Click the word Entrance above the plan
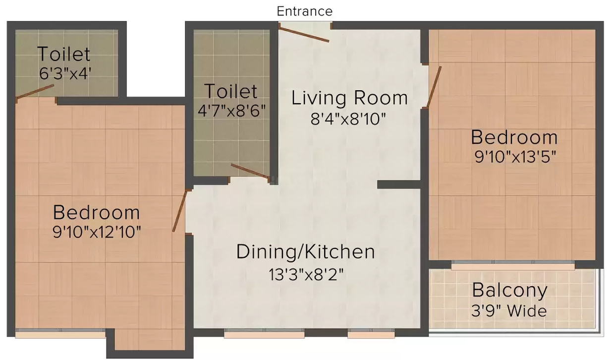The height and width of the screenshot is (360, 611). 304,11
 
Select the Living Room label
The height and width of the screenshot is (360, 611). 349,98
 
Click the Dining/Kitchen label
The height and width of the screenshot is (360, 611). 305,252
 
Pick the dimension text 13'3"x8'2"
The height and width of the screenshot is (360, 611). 305,273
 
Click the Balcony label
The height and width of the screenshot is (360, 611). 509,290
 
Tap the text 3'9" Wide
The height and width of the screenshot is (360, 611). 509,311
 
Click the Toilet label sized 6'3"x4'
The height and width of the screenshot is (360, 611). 64,54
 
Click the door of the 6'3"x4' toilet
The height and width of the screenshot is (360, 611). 35,92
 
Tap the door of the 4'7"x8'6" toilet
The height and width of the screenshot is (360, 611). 250,171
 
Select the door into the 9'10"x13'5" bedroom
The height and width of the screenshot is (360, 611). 434,87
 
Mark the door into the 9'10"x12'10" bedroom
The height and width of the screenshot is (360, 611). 179,211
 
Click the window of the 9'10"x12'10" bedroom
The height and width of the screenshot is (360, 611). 60,334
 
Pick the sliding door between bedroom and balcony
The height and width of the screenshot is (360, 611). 513,265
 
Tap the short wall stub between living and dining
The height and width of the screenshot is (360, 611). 399,184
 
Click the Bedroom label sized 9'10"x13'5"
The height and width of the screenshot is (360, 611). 514,136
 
